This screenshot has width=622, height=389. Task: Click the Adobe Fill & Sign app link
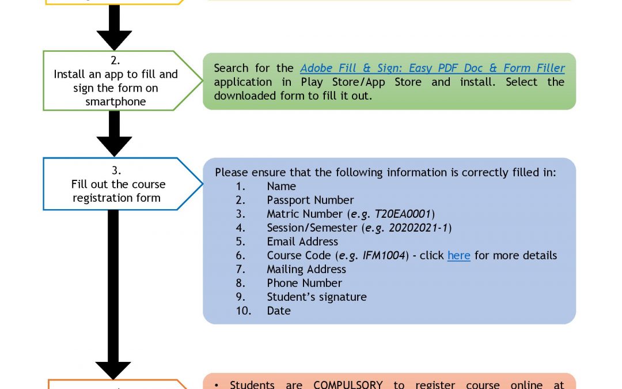pos(432,69)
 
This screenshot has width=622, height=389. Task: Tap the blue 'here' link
pos(458,255)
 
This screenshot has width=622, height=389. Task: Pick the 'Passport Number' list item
pos(310,200)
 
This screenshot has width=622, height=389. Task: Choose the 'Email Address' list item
pos(302,241)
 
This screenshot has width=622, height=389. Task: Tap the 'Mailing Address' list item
pos(306,269)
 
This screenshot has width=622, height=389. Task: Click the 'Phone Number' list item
pos(304,283)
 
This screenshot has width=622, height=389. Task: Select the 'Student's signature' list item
pos(317,297)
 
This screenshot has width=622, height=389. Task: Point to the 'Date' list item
pos(279,311)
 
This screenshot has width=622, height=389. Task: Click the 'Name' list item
pos(281,186)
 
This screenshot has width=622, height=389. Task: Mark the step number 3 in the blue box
pos(116,171)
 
